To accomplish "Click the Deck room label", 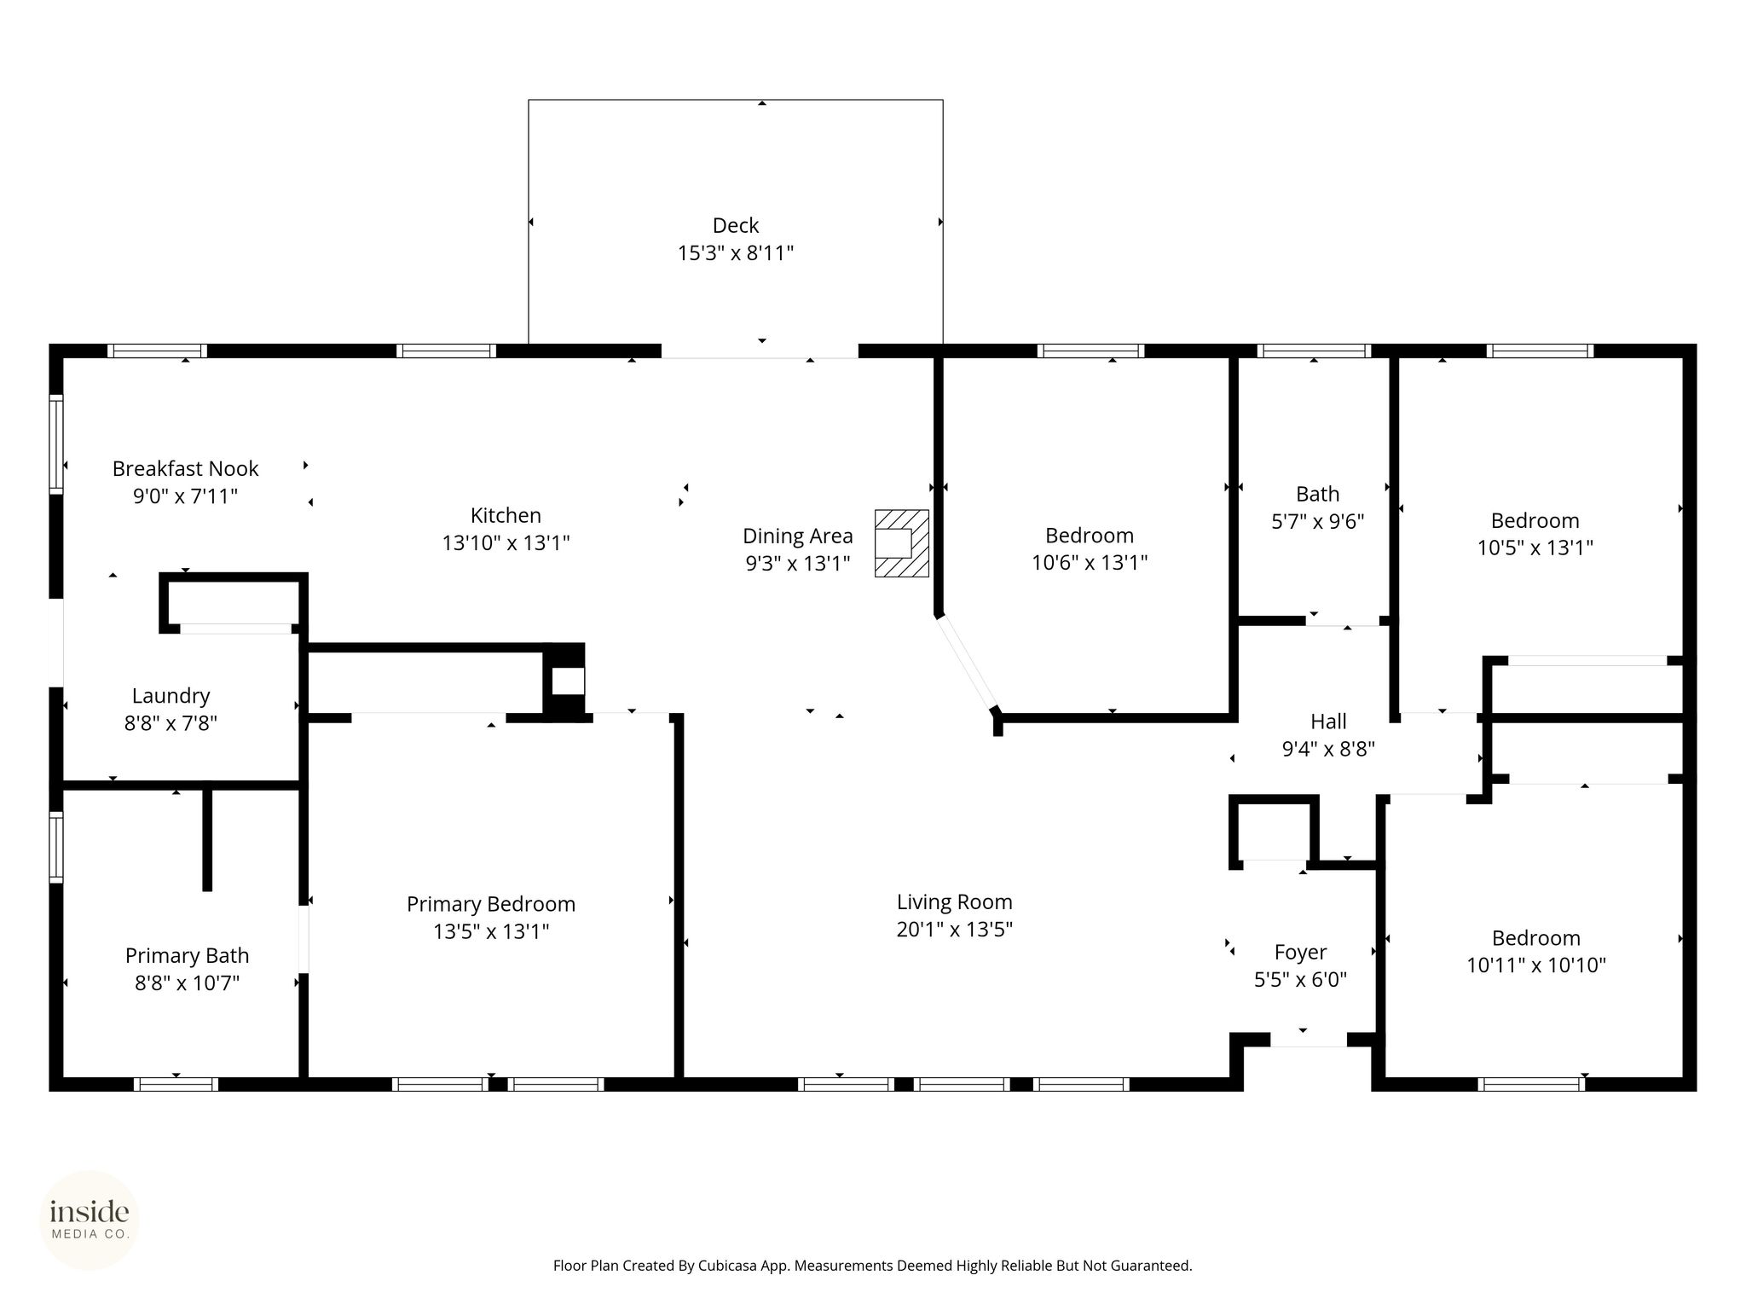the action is (736, 225).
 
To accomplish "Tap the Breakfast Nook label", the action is (185, 468).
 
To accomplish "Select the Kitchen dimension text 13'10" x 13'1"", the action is (506, 542).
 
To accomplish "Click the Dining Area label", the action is (797, 536).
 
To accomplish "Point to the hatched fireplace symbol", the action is (902, 543).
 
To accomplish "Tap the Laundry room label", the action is (171, 696).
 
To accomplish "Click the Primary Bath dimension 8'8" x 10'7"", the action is (187, 982).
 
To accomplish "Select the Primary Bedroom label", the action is (491, 904).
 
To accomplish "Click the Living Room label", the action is (954, 902).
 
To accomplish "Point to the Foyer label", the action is (1300, 953).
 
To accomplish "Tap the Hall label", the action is (1328, 722).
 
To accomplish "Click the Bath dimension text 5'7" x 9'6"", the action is (1318, 521).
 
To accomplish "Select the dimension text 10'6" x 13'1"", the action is (1090, 563).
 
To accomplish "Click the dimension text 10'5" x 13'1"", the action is (1535, 548).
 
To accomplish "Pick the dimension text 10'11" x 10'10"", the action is (1536, 965).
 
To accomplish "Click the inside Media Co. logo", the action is (90, 1220).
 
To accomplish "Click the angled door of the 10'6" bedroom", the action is (967, 663).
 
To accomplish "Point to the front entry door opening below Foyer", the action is (1309, 1040).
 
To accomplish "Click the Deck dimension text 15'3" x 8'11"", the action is (736, 253).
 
